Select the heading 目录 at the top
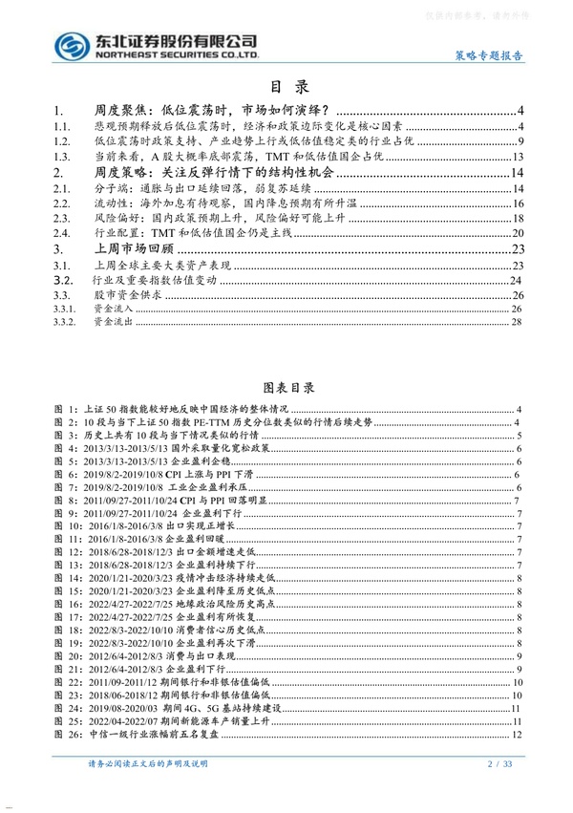(x=286, y=85)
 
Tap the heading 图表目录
(x=286, y=390)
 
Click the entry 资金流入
(x=116, y=310)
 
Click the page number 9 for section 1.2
(x=519, y=142)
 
